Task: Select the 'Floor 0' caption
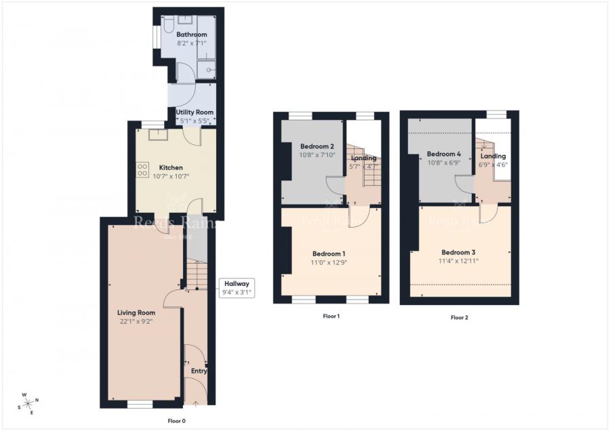[x=176, y=421]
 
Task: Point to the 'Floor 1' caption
[x=331, y=316]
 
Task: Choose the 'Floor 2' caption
[x=459, y=317]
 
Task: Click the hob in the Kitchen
[x=143, y=170]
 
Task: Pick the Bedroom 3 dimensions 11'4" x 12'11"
[x=460, y=261]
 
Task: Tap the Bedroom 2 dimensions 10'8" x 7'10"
[x=317, y=155]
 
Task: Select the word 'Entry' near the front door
[x=199, y=371]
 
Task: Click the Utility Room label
[x=195, y=112]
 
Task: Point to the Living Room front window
[x=140, y=404]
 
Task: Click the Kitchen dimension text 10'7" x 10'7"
[x=171, y=176]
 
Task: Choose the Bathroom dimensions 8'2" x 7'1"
[x=192, y=43]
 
